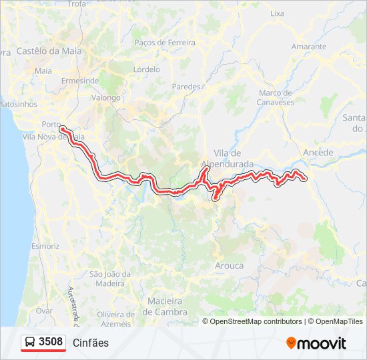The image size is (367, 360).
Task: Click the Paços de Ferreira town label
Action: click(165, 43)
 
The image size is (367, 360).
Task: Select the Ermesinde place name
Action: click(80, 81)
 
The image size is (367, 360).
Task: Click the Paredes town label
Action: click(186, 87)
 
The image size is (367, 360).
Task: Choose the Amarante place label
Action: click(309, 47)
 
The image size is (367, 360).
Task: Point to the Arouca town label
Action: click(228, 265)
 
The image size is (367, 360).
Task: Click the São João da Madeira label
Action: click(109, 279)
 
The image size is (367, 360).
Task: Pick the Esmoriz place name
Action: click(45, 246)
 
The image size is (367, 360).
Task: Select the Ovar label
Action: click(44, 311)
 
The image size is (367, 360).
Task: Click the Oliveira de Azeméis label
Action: click(114, 319)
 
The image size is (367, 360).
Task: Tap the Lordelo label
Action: click(147, 69)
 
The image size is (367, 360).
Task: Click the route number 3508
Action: click(51, 342)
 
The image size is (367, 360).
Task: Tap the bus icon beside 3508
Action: click(30, 343)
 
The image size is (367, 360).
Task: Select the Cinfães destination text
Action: click(91, 343)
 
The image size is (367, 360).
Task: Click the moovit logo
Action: click(316, 343)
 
